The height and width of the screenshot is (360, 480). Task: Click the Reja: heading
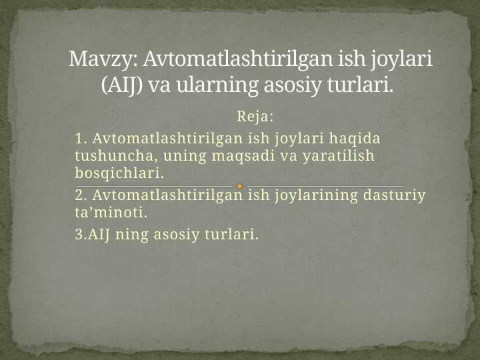(255, 117)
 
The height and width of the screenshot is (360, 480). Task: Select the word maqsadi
(243, 157)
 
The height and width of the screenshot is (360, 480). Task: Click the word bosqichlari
(119, 174)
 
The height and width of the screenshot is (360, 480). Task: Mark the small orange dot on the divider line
(239, 186)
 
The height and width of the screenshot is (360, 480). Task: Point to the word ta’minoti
(111, 213)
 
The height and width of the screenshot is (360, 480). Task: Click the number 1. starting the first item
(81, 139)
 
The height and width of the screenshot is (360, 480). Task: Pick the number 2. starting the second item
(81, 196)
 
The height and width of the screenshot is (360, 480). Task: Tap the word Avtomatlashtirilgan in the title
(229, 60)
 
